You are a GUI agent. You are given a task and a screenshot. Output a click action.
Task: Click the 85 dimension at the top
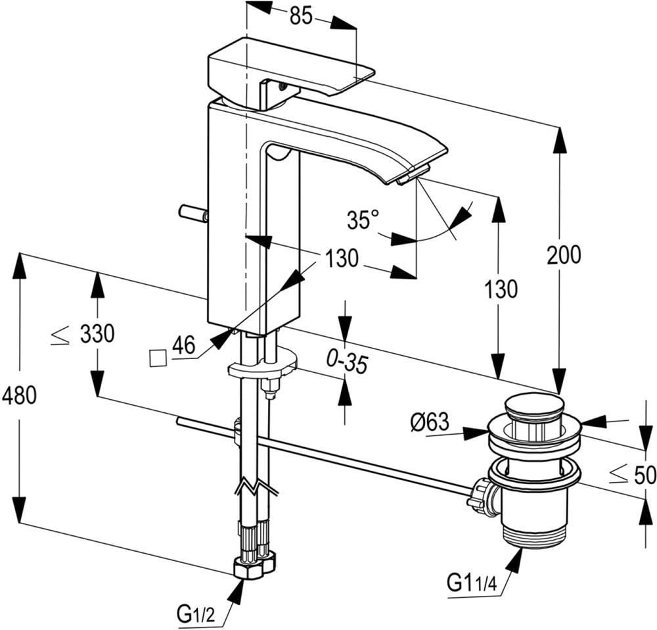[301, 16]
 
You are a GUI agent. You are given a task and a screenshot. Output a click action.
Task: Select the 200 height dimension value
[564, 254]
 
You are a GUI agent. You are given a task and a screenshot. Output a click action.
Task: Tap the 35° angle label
[363, 220]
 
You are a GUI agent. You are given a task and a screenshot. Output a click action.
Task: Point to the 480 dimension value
[19, 395]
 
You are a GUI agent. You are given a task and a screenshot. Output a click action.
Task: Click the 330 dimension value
[97, 334]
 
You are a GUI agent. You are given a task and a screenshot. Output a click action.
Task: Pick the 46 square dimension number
[183, 345]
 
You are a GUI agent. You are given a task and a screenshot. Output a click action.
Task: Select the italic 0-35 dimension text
[347, 363]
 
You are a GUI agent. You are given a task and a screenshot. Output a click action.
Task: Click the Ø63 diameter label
[430, 422]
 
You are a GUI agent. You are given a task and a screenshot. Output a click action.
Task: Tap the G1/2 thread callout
[196, 614]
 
